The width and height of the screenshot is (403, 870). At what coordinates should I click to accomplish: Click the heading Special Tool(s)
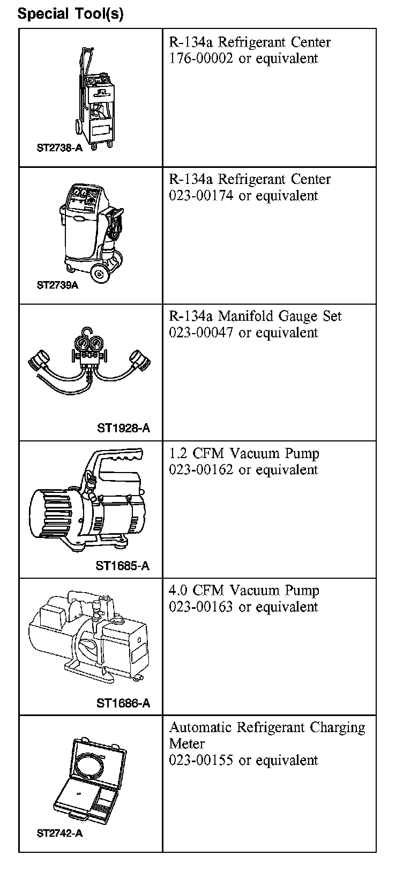[x=70, y=13]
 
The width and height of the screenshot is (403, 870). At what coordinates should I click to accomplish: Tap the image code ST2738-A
[x=59, y=148]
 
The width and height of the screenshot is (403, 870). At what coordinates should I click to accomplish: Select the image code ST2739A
[x=57, y=285]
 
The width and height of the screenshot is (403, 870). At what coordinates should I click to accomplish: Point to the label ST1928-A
[x=123, y=428]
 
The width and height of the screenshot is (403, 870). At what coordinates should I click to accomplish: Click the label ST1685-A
[x=123, y=565]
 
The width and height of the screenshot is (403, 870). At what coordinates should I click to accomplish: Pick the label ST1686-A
[x=123, y=703]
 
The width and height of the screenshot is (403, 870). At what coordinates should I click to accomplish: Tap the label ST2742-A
[x=59, y=833]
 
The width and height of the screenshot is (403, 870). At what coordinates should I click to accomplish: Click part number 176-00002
[x=201, y=58]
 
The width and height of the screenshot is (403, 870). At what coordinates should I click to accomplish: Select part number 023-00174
[x=201, y=196]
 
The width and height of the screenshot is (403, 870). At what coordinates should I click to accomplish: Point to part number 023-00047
[x=201, y=333]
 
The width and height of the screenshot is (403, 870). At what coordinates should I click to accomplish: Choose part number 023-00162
[x=201, y=470]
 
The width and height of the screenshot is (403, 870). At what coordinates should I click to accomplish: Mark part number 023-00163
[x=201, y=607]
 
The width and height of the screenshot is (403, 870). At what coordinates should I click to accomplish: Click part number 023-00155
[x=201, y=761]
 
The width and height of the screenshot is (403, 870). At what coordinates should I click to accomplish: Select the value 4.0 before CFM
[x=178, y=591]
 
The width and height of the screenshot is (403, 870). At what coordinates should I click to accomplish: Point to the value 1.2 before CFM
[x=178, y=454]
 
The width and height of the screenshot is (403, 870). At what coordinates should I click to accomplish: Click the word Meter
[x=187, y=744]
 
